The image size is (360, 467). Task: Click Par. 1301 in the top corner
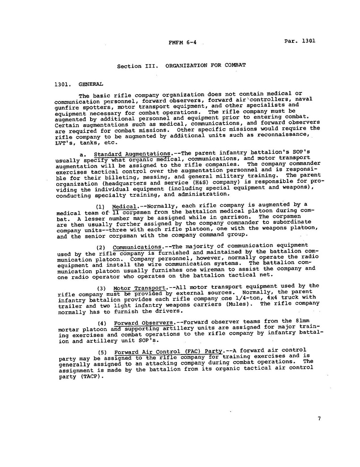tap(300, 41)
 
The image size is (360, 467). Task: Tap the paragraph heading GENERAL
tap(91, 84)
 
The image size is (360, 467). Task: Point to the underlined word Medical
tap(124, 206)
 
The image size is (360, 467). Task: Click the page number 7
tap(319, 418)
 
